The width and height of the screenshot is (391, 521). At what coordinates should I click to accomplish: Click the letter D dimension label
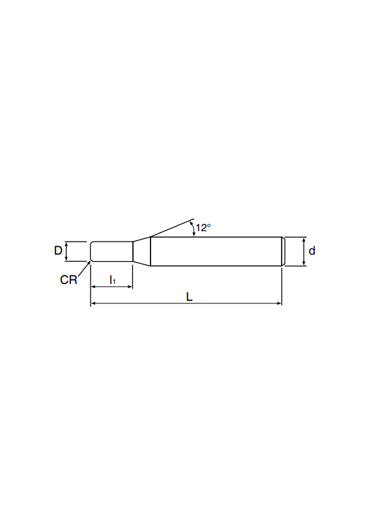point(58,250)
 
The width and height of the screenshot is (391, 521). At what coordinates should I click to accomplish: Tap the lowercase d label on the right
point(311,251)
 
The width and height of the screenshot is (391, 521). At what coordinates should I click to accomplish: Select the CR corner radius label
point(68,280)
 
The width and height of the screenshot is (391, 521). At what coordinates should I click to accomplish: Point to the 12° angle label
point(203,228)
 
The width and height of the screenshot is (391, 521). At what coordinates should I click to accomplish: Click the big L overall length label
point(189,297)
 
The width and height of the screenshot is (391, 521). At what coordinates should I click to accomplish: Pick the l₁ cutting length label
point(113,280)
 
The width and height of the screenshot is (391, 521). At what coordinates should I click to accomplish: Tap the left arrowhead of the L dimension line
point(93,303)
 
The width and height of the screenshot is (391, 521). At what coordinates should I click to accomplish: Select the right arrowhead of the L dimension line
point(279,303)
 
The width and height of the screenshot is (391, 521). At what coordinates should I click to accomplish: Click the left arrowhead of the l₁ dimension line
point(93,287)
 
